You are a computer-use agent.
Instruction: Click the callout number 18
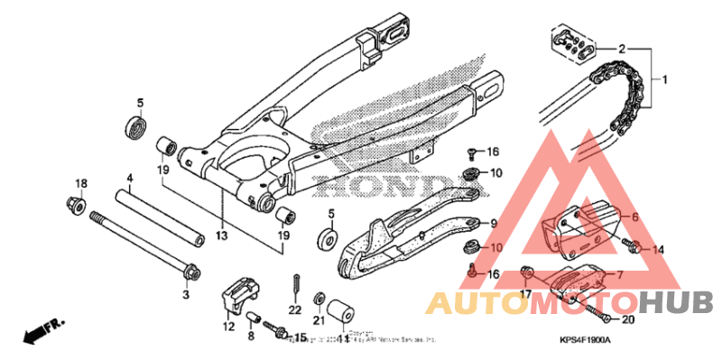click(x=80, y=184)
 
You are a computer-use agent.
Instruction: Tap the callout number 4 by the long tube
click(x=130, y=179)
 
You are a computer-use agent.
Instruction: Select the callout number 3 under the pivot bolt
click(x=185, y=294)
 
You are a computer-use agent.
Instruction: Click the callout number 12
click(x=229, y=327)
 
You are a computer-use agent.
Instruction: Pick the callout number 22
click(x=294, y=310)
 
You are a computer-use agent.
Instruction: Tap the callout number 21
click(x=319, y=320)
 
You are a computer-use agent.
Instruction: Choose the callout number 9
click(x=495, y=224)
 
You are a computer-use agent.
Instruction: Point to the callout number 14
click(x=658, y=249)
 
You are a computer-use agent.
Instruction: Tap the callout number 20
click(x=628, y=318)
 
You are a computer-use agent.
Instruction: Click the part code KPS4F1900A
click(x=584, y=339)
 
